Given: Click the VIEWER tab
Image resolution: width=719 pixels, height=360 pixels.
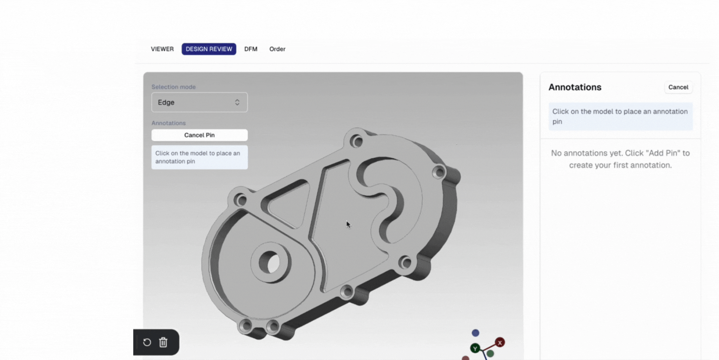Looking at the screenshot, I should pos(162,49).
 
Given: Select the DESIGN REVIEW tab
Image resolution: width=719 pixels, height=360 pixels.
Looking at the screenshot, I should pos(209,49).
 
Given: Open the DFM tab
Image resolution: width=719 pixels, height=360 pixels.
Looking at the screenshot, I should pos(251,49).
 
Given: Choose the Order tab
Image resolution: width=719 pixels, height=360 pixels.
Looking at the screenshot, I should pos(277,49).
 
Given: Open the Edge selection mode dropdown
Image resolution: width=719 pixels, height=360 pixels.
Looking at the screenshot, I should pos(199,102).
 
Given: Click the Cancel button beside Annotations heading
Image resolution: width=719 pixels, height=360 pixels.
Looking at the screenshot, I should pos(678,87).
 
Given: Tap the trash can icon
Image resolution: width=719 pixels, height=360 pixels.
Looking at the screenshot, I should pos(163,342).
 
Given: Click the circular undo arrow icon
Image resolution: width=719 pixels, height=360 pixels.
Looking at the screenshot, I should pos(147,342).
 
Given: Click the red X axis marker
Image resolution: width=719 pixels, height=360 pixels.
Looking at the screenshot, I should pos(499,342).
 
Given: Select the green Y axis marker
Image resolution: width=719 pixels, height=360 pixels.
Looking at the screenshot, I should pos(475,348).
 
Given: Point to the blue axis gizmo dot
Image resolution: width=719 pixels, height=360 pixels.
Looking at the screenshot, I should pos(475,333).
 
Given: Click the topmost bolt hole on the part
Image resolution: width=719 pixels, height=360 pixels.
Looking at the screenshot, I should pos(356,141).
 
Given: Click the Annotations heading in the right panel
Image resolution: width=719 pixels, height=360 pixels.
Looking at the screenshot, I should pos(574,87).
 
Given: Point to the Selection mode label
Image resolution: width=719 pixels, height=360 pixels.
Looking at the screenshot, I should pos(173,87).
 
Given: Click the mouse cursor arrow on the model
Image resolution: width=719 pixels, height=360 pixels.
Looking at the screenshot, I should pos(348,224).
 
